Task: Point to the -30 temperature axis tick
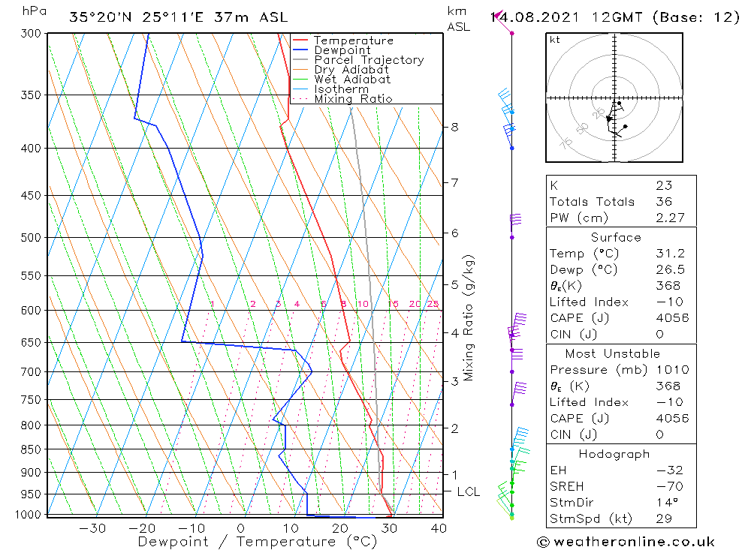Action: coord(92,528)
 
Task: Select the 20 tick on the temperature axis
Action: coord(339,528)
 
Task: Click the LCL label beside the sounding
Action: coord(468,492)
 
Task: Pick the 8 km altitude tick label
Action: coord(455,127)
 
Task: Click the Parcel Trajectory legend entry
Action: coord(369,60)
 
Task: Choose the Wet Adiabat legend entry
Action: coord(352,80)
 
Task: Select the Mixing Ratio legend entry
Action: coord(353,99)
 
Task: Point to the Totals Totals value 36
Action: coord(663,202)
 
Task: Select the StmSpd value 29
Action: coord(663,518)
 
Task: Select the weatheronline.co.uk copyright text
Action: coord(626,542)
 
